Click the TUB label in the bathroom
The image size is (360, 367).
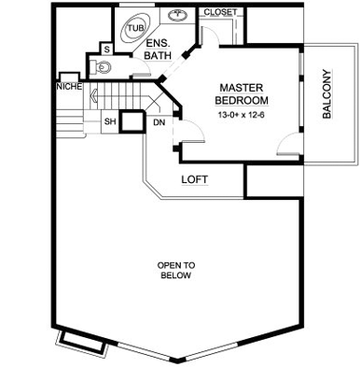[x=136, y=28]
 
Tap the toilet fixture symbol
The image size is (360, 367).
[x=101, y=67]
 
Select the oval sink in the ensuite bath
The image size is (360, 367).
[x=177, y=14]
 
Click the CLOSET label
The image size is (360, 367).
[x=220, y=12]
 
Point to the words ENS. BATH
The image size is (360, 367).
[x=158, y=49]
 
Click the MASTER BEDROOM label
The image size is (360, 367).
[x=242, y=94]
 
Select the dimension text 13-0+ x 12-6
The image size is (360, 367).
[x=241, y=115]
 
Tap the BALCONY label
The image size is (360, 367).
[x=326, y=94]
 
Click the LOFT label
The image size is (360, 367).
[x=195, y=179]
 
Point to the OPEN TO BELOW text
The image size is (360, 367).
[x=176, y=270]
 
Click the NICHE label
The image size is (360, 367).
[x=69, y=87]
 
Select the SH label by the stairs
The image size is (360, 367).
[x=110, y=121]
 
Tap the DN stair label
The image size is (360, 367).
[x=159, y=122]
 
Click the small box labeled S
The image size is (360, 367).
[x=107, y=49]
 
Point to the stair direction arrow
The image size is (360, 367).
[x=94, y=95]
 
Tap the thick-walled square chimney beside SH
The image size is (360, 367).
[x=132, y=121]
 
